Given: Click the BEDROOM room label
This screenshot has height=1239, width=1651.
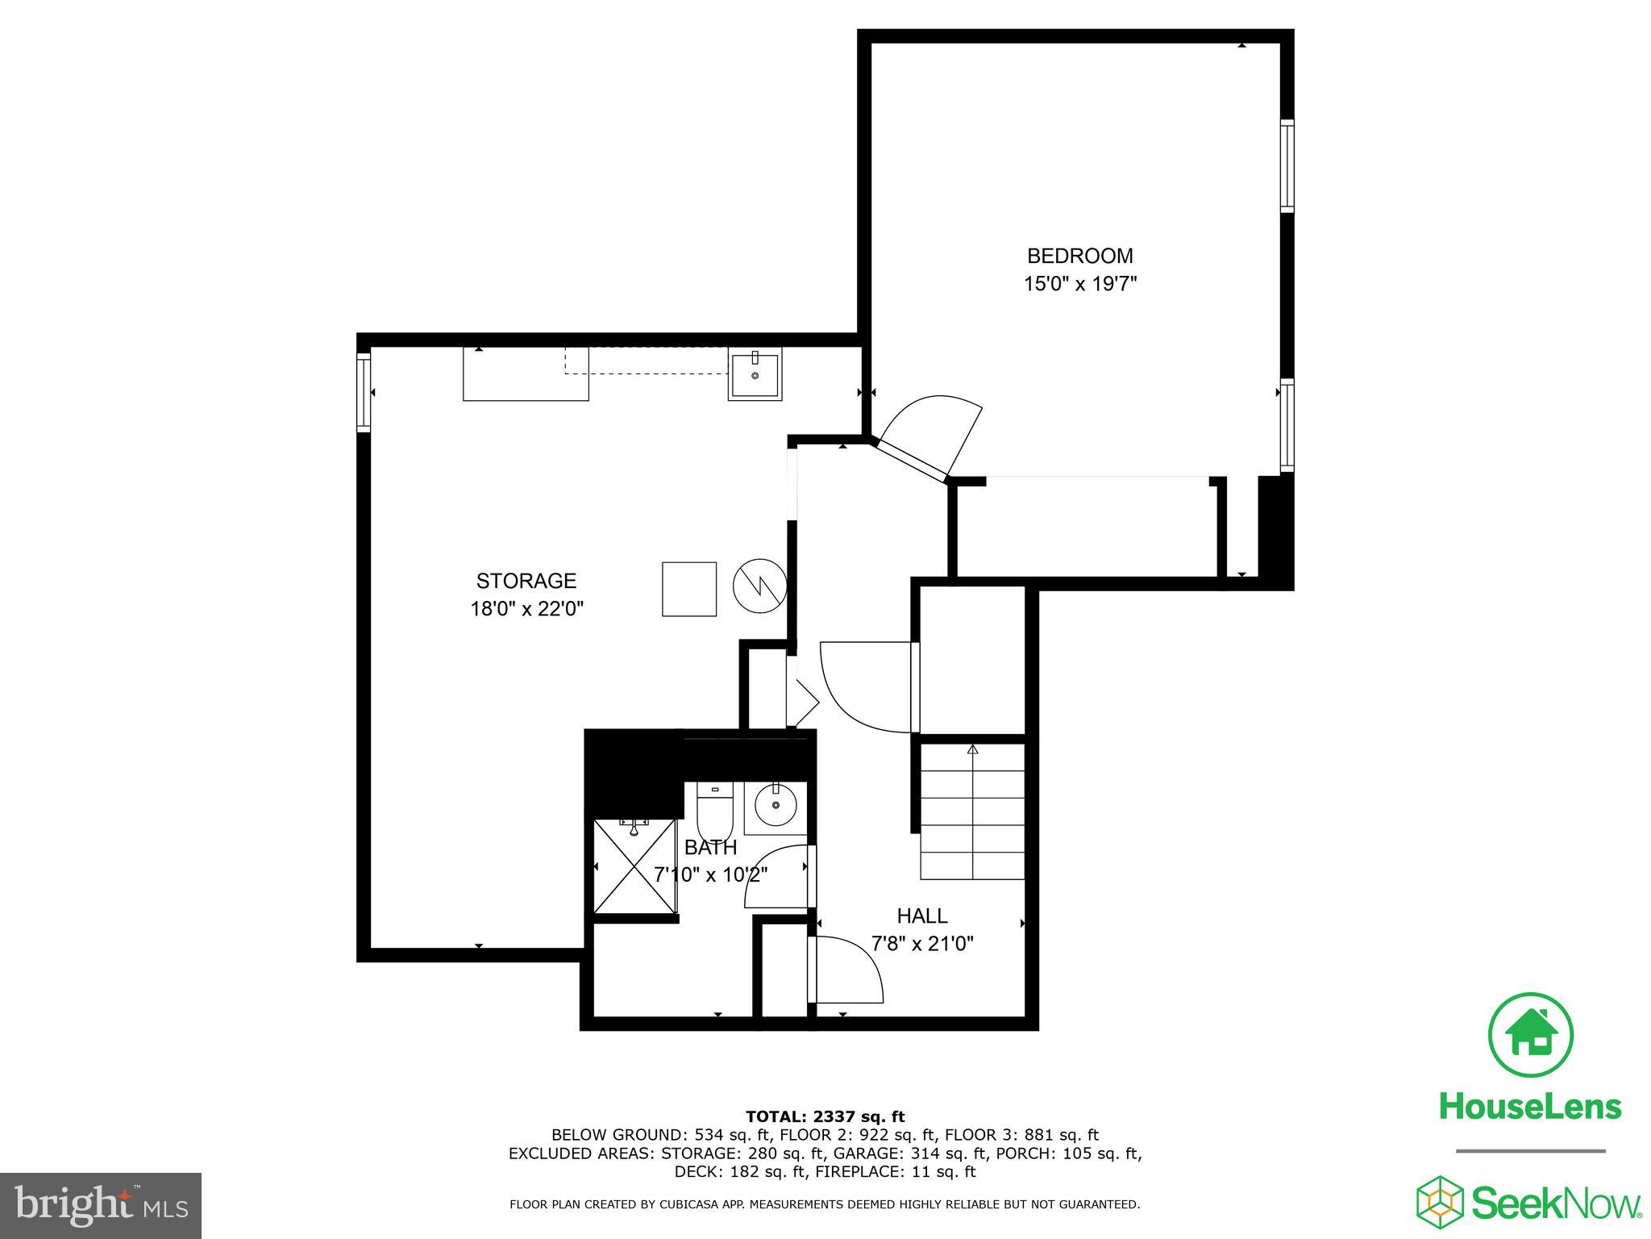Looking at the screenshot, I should pos(1079,257).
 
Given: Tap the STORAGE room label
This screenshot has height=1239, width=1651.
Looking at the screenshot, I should pos(526,581).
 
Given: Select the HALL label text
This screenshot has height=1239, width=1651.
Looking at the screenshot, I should pos(922,916).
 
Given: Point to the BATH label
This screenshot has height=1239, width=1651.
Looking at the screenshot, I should pos(710,848).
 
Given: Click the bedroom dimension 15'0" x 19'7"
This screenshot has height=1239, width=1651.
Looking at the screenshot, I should pos(1079,284).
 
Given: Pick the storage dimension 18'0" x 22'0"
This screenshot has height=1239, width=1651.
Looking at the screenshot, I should pos(526,608).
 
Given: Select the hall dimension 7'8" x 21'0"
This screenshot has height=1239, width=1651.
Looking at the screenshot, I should pos(922,943).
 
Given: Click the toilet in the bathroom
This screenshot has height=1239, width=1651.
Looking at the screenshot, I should pos(714,811).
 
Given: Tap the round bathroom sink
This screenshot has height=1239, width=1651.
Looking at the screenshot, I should pos(775,805).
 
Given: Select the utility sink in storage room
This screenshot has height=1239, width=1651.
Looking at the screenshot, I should pos(755,373).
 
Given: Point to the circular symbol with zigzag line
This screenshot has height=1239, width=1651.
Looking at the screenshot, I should pos(759,586).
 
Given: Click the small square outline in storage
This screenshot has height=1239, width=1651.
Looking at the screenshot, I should pos(689,589).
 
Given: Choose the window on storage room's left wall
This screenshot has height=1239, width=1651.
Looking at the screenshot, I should pos(364,392).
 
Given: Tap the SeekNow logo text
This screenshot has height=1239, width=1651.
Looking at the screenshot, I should pos(1556,1204).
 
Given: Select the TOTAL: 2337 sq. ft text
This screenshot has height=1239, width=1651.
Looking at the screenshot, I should pos(825,1116).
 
